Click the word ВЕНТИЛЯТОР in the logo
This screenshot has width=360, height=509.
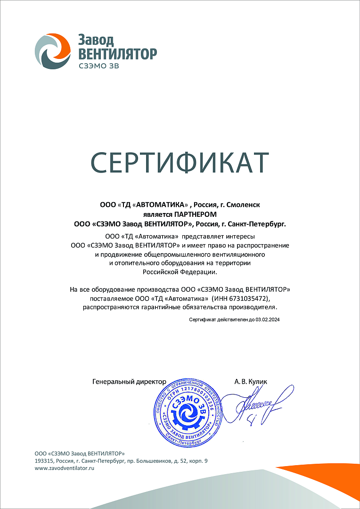click(x=115, y=53)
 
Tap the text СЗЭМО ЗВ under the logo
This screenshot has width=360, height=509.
click(x=95, y=66)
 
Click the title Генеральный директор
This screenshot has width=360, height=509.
click(x=130, y=381)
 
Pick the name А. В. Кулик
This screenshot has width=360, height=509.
click(x=250, y=381)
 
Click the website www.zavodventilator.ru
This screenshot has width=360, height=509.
click(x=65, y=468)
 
